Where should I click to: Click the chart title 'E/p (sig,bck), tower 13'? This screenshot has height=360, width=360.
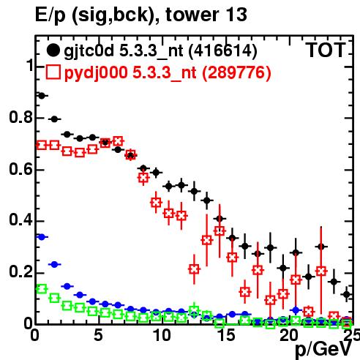141,15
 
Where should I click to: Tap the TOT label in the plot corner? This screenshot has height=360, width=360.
326,50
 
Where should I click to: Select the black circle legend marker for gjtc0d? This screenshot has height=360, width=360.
53,50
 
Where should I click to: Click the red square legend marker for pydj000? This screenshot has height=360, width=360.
53,72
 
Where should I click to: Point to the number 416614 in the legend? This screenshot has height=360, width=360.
223,50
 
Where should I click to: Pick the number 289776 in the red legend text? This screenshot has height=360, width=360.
236,72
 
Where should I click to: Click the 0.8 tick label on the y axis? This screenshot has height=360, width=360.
20,117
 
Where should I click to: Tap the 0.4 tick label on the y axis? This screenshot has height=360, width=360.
20,220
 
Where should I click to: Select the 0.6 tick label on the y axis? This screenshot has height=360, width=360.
20,169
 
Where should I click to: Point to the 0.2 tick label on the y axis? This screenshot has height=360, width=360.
20,271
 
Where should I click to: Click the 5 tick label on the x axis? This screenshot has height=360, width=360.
98,335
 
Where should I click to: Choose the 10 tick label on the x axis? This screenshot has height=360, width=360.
162,335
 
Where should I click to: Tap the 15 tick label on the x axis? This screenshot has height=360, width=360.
226,335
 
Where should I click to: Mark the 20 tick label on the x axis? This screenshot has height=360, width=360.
289,335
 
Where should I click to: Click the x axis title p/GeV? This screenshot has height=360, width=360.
323,350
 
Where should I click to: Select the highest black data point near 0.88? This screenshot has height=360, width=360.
42,96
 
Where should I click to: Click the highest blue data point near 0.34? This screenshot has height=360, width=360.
42,237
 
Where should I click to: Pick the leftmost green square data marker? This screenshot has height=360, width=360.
42,289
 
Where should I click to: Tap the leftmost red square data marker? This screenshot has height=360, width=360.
42,146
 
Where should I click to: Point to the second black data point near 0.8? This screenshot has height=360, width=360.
54,119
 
